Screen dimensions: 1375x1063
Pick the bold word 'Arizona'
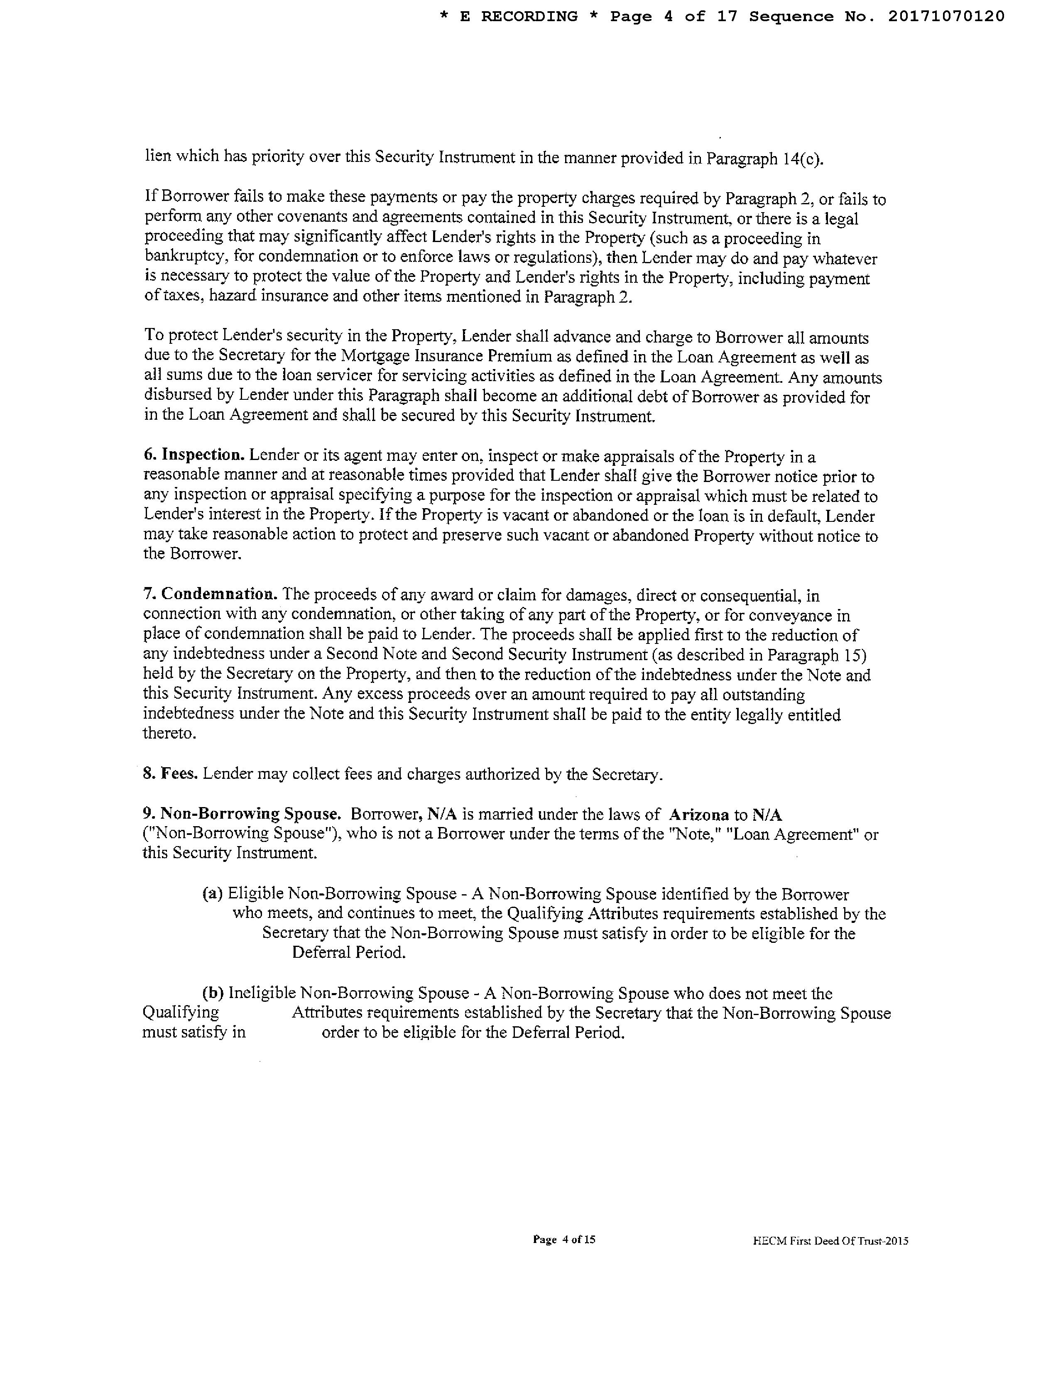tap(699, 815)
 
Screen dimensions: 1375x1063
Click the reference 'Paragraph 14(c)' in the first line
tap(764, 159)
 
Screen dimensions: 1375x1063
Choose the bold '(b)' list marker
tap(213, 993)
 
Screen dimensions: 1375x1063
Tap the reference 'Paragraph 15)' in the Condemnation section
tap(823, 655)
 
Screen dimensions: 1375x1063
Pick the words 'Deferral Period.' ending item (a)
tap(349, 952)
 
